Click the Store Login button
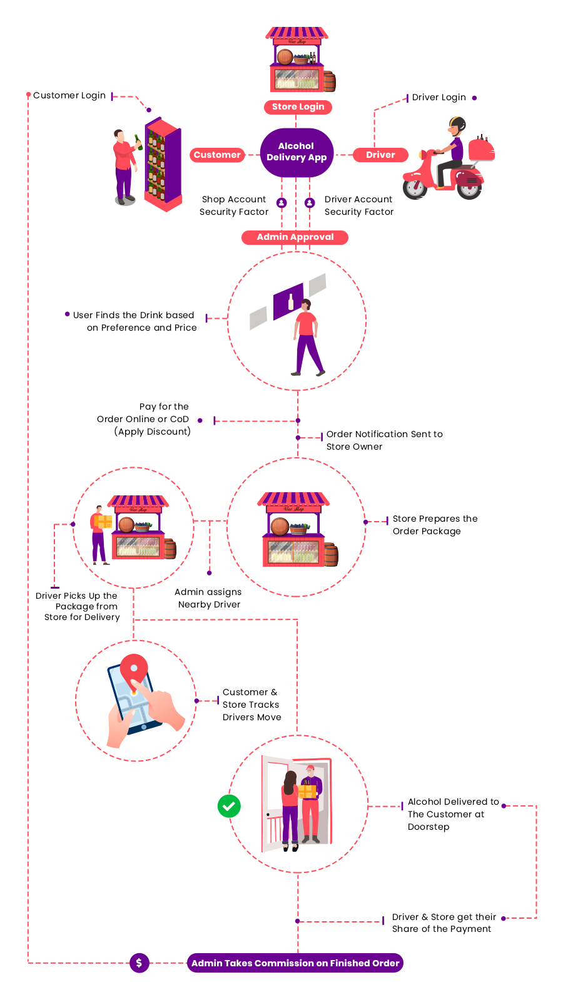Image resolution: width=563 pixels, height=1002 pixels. (x=298, y=106)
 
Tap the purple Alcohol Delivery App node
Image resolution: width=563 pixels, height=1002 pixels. (x=297, y=152)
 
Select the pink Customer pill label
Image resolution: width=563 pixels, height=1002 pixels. (x=217, y=155)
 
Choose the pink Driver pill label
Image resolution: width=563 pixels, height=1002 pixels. (x=380, y=155)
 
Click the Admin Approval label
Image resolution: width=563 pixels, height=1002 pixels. (x=295, y=237)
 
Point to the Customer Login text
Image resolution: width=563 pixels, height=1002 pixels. (x=69, y=95)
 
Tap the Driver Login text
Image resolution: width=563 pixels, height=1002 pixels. (x=439, y=97)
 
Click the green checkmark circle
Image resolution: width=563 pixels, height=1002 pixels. (x=229, y=806)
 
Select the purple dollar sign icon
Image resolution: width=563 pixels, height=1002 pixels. (x=139, y=963)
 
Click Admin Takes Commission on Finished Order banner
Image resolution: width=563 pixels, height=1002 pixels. (x=295, y=963)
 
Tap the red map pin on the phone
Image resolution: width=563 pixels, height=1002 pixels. (x=134, y=668)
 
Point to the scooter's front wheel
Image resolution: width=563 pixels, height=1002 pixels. (x=414, y=187)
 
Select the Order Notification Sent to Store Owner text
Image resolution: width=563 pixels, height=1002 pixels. (x=384, y=440)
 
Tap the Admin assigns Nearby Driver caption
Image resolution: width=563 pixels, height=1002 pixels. (x=208, y=598)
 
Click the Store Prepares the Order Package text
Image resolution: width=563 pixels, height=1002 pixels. (x=435, y=525)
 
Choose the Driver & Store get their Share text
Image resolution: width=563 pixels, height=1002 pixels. (x=444, y=922)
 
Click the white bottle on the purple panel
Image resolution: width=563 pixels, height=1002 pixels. (x=290, y=302)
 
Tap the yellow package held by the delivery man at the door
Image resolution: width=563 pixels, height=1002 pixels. (x=307, y=791)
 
